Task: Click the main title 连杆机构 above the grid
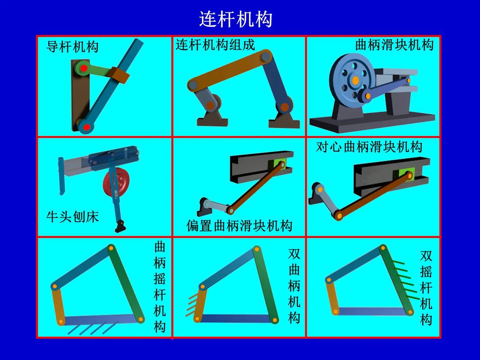(x=235, y=19)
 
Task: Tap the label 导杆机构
(x=72, y=47)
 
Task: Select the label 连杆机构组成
(x=215, y=45)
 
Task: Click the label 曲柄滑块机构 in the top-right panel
(x=394, y=45)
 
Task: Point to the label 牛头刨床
(x=72, y=217)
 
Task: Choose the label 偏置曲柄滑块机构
(x=239, y=226)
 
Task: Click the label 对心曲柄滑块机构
(x=369, y=147)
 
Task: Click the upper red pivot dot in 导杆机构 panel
(x=84, y=68)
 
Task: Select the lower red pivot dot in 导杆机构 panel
(x=87, y=127)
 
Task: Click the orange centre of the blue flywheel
(x=355, y=80)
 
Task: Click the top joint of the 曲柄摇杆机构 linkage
(x=111, y=247)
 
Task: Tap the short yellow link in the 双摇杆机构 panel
(x=332, y=295)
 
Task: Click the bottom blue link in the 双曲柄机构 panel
(x=236, y=319)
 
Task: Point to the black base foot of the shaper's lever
(x=121, y=226)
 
